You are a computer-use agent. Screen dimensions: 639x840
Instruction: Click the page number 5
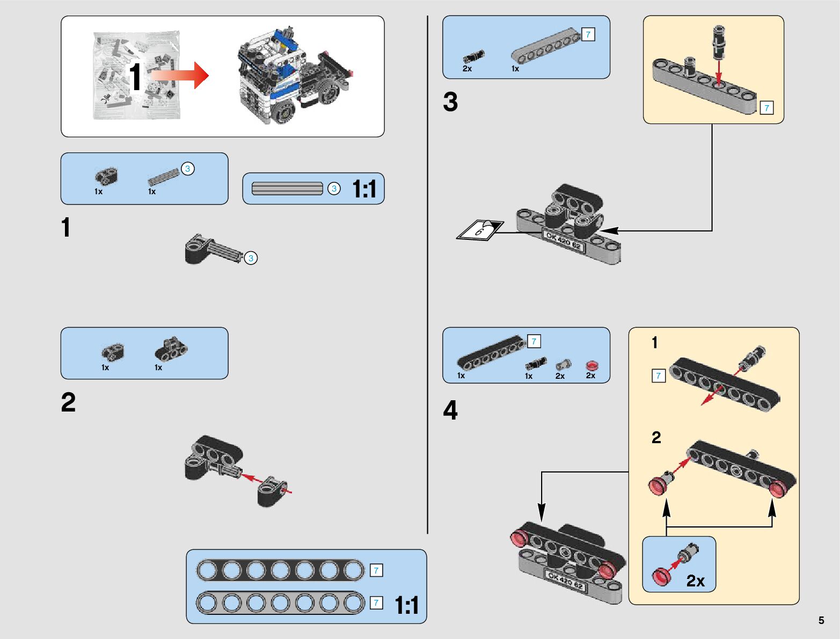pos(821,620)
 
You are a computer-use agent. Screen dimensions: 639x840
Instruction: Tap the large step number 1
pos(65,227)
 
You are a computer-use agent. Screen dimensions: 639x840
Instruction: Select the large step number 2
pos(68,402)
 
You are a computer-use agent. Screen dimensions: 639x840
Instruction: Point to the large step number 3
pos(450,102)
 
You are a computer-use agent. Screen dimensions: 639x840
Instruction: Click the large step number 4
pos(450,410)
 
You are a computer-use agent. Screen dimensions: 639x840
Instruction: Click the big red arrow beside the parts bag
pos(179,76)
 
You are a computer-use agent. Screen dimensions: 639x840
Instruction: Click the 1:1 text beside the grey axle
pos(364,189)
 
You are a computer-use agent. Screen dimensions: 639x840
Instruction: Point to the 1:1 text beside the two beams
pos(407,606)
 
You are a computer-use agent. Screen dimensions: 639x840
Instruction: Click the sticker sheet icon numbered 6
pos(480,229)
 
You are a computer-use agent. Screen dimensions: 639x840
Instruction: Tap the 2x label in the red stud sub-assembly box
pos(695,581)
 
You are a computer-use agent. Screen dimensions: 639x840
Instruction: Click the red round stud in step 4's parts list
pos(592,365)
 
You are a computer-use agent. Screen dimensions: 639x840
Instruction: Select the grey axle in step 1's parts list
pos(163,177)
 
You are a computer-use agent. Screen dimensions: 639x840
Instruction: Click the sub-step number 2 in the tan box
pos(656,438)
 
